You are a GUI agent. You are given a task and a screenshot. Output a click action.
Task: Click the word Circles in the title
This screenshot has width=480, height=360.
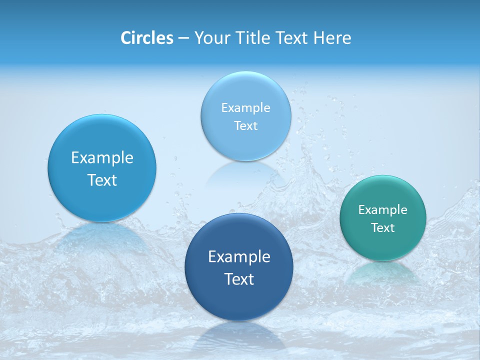click(x=146, y=38)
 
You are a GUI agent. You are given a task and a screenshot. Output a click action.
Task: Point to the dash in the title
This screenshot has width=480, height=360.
click(x=183, y=38)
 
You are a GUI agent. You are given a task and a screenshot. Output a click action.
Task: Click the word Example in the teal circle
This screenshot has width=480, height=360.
click(x=383, y=209)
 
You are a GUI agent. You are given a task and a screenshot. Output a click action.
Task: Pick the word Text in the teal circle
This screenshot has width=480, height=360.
click(x=383, y=228)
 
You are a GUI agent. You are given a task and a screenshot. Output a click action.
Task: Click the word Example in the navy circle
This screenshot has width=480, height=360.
click(x=239, y=256)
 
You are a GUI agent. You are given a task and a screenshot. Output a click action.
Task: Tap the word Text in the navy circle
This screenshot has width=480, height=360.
click(x=239, y=279)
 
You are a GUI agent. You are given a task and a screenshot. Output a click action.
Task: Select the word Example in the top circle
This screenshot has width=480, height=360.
click(x=246, y=107)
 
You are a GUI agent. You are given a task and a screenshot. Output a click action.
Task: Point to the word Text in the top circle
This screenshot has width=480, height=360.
click(x=246, y=125)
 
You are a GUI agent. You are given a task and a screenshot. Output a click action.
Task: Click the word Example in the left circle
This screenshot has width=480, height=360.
click(x=102, y=157)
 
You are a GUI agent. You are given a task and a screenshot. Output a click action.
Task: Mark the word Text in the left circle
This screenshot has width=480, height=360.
click(x=102, y=180)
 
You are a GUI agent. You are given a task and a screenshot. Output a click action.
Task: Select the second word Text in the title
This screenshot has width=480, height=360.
click(x=292, y=38)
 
